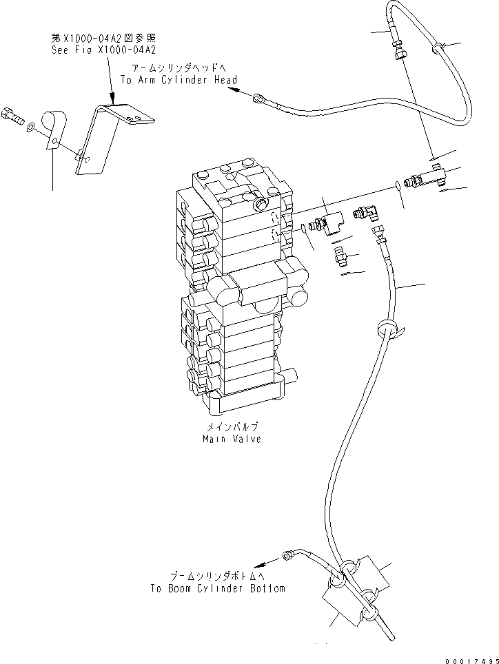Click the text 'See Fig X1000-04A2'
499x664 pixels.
104,50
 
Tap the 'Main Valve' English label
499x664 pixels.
232,439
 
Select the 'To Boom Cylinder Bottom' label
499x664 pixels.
217,588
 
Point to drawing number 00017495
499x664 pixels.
468,658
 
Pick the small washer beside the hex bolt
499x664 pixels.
32,127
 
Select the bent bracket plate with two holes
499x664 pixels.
114,138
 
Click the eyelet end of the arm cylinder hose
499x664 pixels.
258,98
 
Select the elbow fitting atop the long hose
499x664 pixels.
367,214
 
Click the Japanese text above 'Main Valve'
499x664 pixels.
232,427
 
